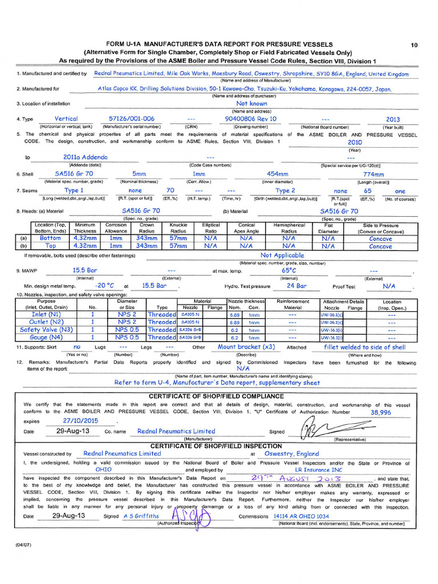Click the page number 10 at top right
coord(414,44)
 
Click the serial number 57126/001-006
coord(131,119)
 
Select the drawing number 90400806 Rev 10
coord(250,119)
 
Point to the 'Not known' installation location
coord(251,104)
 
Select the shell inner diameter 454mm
coord(277,173)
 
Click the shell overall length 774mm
coord(374,173)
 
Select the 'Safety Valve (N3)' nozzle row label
coord(46,330)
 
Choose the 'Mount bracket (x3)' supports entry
coord(246,347)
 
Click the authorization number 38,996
coord(380,412)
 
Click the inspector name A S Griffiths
coord(141,516)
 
